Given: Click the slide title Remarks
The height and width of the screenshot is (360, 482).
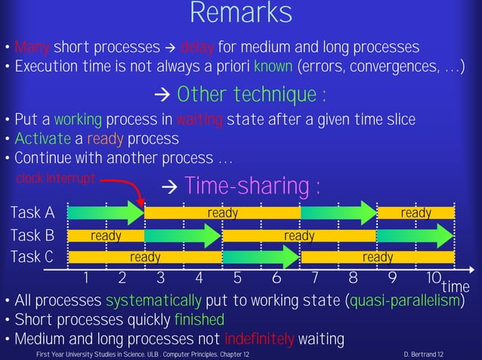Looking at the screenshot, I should pos(240,13).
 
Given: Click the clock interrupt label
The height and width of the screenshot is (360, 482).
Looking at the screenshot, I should pos(56,178).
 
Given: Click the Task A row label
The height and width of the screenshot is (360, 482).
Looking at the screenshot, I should pos(32,213).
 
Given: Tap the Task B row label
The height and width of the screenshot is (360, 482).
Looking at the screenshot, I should pos(32,235).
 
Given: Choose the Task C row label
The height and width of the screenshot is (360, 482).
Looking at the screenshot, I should pos(32,257).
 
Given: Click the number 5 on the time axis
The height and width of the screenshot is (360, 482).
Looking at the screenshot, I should pos(237,276).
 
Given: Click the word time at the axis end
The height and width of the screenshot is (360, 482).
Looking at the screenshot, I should pos(456,286).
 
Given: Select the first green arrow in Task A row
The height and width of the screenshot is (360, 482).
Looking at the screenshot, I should pos(106,213).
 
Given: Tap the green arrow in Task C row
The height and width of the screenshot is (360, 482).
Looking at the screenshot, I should pos(261,257).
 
